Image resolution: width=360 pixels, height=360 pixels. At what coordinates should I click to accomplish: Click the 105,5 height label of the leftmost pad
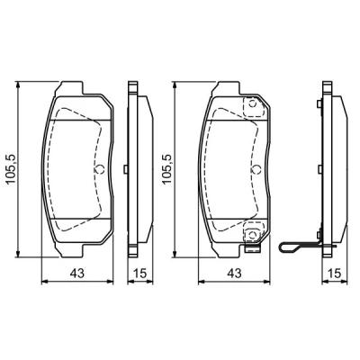[x=11, y=169]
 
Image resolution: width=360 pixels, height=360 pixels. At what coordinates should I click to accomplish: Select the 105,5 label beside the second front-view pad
[x=166, y=169]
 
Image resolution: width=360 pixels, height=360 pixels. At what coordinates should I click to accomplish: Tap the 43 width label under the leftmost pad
[x=77, y=273]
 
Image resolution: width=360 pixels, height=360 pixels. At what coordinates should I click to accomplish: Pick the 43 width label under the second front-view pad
[x=234, y=273]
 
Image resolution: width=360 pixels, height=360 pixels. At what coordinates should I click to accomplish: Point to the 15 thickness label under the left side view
[x=139, y=273]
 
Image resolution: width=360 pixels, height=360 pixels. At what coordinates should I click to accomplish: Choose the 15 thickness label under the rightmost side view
[x=335, y=273]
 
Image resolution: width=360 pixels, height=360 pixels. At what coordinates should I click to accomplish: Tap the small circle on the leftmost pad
[x=99, y=169]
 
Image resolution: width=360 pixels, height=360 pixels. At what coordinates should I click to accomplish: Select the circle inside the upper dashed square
[x=252, y=104]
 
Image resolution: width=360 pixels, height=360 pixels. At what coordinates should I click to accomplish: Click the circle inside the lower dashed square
[x=252, y=234]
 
